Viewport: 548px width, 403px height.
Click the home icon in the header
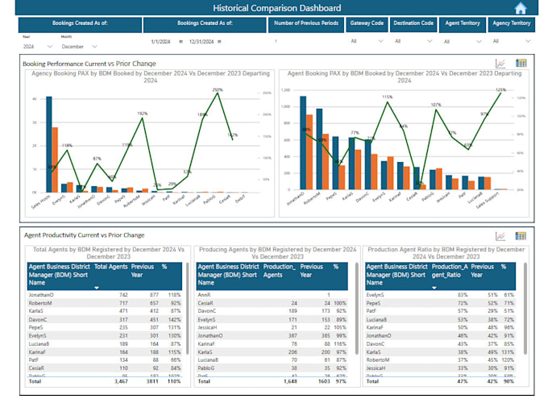[x=520, y=8]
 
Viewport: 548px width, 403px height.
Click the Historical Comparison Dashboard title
[x=270, y=8]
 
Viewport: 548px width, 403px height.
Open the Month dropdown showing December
[x=76, y=47]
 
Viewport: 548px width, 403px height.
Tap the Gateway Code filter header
[x=367, y=24]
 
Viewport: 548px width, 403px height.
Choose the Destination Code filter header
[x=414, y=24]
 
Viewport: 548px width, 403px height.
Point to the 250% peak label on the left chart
[x=218, y=89]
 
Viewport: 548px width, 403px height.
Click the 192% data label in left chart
[x=143, y=114]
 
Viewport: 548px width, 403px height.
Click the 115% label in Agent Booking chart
[x=387, y=97]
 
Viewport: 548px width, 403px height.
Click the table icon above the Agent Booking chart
[x=521, y=63]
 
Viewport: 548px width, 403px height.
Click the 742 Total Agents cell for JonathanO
[x=122, y=296]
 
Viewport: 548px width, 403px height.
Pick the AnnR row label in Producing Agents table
[x=205, y=296]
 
